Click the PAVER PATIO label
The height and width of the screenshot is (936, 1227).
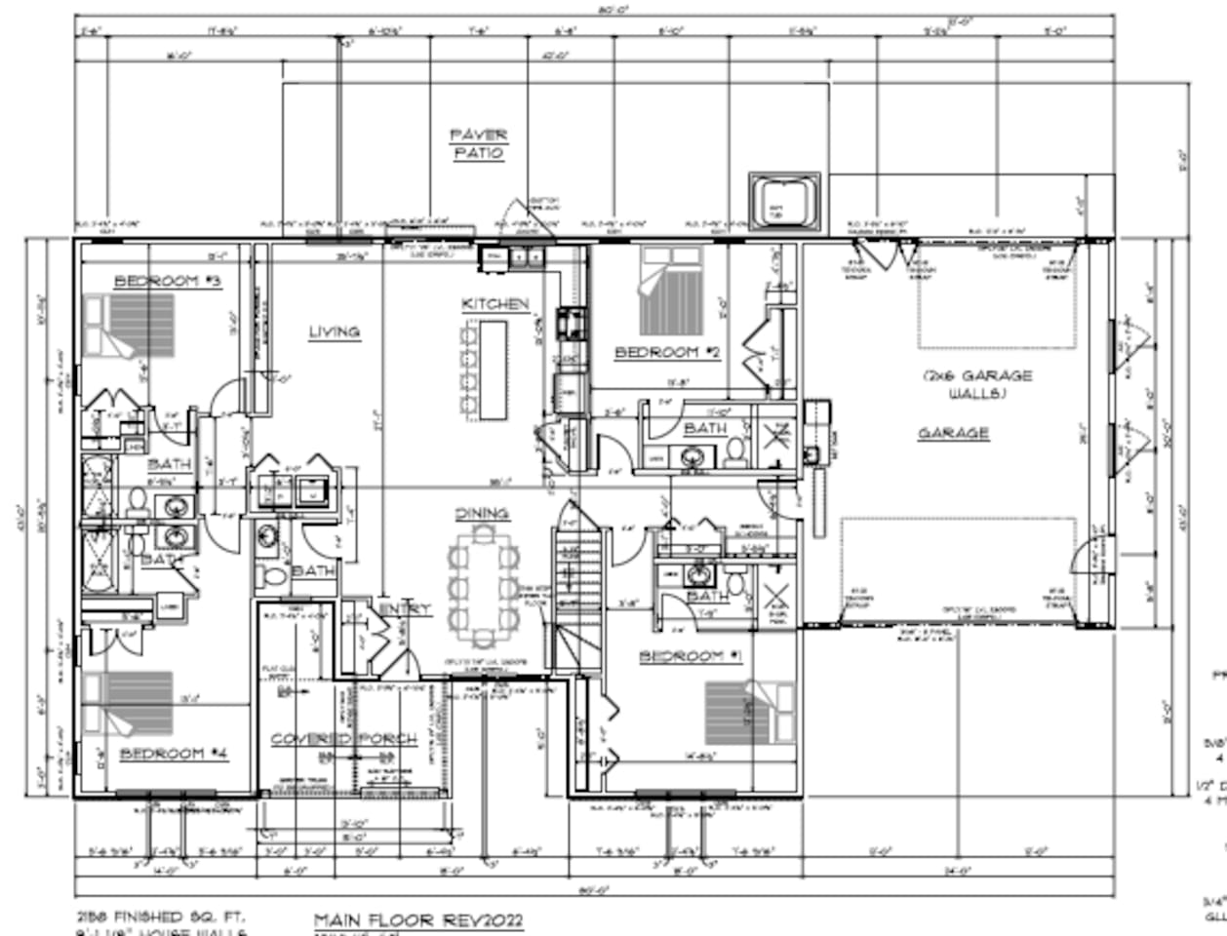pos(478,144)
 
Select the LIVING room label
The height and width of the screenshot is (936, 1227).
pos(334,332)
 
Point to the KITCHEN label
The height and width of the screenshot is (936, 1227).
pos(495,305)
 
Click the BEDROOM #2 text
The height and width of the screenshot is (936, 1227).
pos(667,352)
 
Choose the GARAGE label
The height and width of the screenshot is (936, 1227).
pos(953,433)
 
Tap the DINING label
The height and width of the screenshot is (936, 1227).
pos(481,513)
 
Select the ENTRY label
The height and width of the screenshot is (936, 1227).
pos(405,609)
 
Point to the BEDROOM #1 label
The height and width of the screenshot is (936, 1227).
pos(691,656)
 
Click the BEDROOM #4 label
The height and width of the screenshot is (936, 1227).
pos(175,754)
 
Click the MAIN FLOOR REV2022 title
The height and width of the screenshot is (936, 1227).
pos(417,920)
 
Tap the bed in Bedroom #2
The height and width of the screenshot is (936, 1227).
pos(672,291)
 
